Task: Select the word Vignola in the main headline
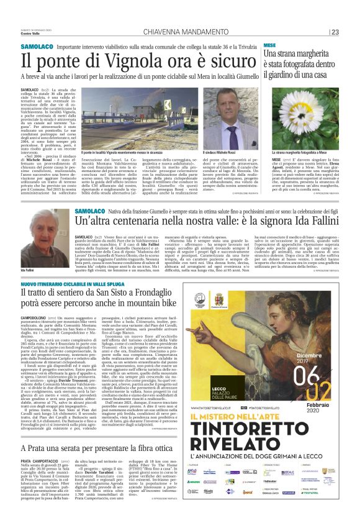[112, 60]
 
